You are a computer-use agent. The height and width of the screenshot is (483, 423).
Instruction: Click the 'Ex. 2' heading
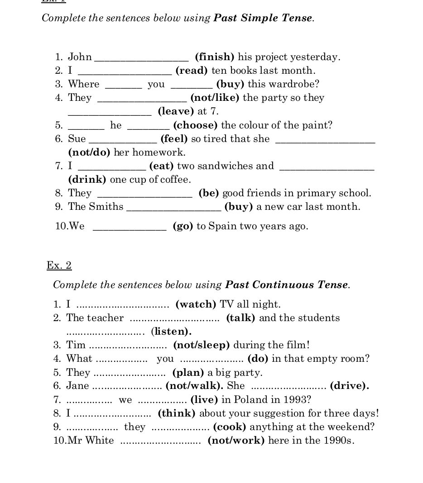point(59,265)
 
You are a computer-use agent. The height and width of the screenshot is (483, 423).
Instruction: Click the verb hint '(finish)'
point(214,57)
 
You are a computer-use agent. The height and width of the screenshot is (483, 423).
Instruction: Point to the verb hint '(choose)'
point(195,125)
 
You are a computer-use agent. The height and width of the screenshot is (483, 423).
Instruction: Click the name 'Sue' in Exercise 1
point(77,139)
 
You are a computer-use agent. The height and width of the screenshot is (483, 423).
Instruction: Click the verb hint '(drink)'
point(87,180)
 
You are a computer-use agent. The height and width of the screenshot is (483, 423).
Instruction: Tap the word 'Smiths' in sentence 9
point(106,207)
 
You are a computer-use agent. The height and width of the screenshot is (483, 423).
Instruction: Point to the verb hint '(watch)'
point(196,304)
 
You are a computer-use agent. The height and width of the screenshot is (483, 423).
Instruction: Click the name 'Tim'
point(76,345)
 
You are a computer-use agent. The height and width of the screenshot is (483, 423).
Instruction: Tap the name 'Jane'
point(77,386)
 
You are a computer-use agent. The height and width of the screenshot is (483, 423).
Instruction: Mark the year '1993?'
point(298,399)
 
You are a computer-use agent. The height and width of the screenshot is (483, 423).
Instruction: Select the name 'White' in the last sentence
point(100,440)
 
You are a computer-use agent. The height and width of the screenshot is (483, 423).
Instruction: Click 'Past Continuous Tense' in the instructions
point(287,285)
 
